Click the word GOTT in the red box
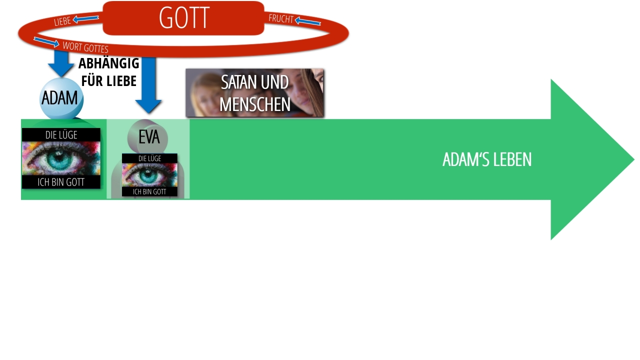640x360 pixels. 184,18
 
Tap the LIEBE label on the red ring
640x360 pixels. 62,21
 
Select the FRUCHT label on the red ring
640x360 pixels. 280,18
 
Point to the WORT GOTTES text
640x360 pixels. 85,47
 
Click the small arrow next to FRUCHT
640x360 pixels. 307,21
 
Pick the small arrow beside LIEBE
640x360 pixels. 85,19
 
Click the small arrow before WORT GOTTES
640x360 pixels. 46,41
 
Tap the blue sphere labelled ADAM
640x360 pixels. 61,98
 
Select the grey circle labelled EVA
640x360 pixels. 148,136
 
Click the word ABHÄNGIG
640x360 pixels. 108,64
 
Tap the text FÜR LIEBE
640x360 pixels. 108,80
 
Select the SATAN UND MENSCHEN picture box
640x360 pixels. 254,93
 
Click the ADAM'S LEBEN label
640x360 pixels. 486,159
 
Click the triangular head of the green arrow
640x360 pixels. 585,159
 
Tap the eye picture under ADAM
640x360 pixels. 61,158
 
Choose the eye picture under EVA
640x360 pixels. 149,174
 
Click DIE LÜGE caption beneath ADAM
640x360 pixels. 61,135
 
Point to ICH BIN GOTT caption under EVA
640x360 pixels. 149,191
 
